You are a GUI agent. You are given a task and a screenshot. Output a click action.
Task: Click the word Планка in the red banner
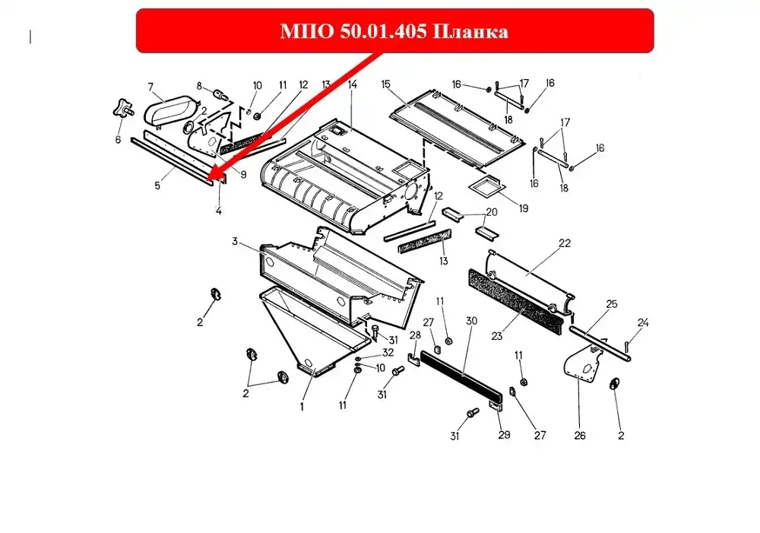point(469,31)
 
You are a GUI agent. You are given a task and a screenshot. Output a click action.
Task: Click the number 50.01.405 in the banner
point(383,31)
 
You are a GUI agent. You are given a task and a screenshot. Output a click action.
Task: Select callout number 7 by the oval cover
point(150,87)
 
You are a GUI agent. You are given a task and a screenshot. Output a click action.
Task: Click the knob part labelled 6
point(123,108)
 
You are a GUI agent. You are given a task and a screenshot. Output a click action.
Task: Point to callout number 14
point(353,84)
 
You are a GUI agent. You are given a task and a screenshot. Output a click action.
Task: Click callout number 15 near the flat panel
point(385,84)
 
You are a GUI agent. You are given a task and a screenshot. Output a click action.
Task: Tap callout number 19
point(524,208)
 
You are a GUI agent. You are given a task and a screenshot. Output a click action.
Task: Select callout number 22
point(565,243)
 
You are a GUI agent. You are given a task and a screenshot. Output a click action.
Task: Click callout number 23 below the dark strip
point(497,335)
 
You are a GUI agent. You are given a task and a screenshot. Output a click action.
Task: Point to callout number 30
point(472,321)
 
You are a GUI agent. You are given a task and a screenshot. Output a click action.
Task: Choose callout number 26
point(580,436)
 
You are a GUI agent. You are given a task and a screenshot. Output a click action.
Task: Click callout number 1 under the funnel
point(302,407)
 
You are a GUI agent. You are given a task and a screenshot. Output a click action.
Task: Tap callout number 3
point(235,241)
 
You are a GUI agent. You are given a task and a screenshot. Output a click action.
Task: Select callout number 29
point(504,435)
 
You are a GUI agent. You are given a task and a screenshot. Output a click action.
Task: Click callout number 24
point(643,322)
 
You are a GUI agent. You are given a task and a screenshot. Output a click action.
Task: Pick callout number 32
point(388,352)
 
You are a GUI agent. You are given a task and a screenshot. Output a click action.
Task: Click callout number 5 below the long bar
point(157,186)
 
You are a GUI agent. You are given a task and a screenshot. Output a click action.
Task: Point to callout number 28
point(416,335)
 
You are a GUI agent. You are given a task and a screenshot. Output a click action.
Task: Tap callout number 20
point(492,212)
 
